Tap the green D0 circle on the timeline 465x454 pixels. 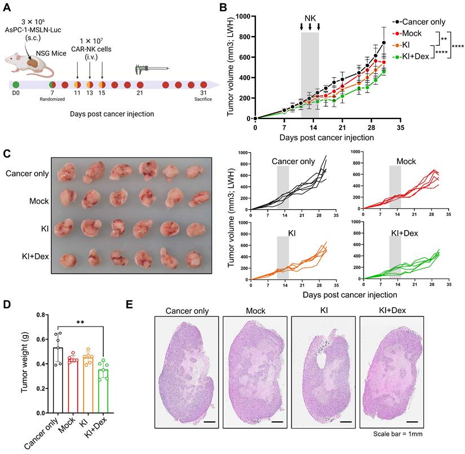(16, 85)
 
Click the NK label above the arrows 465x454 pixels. (310, 17)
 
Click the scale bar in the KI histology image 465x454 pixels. (346, 421)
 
